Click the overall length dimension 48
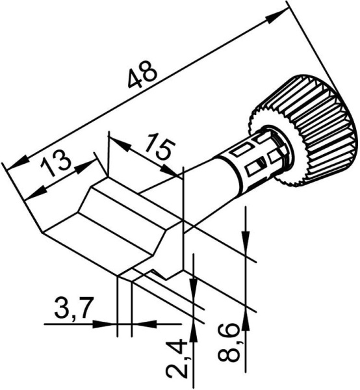142,73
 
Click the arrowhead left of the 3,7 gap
109,323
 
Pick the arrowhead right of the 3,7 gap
139,323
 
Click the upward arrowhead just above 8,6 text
245,318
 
